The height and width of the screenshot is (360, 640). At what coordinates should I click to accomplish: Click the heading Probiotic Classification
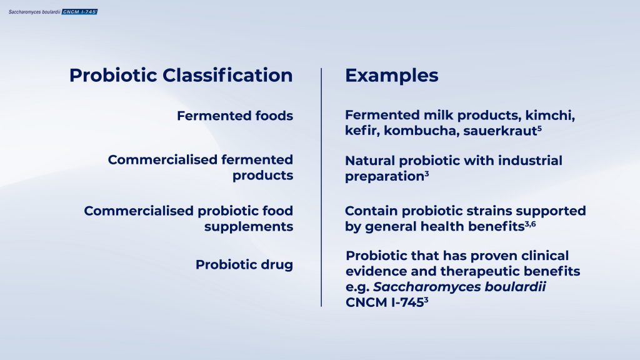pos(181,76)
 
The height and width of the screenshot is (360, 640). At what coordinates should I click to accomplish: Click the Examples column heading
pos(391,76)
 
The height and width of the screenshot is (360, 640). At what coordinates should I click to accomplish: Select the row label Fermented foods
pos(234,116)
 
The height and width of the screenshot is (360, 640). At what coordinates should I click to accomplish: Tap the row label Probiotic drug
pos(244,264)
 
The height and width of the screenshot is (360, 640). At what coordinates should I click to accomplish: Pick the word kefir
pos(361,132)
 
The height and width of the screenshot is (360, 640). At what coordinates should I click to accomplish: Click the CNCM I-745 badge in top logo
pos(79,11)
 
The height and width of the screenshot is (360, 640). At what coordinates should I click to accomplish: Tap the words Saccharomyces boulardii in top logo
pos(34,11)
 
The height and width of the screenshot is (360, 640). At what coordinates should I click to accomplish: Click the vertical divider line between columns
pos(321,187)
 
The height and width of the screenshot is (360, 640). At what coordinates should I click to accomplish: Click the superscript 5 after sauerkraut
pos(539,128)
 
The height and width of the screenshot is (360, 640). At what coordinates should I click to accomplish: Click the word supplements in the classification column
pos(248,227)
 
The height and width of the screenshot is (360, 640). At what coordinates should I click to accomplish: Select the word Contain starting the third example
pos(370,211)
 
